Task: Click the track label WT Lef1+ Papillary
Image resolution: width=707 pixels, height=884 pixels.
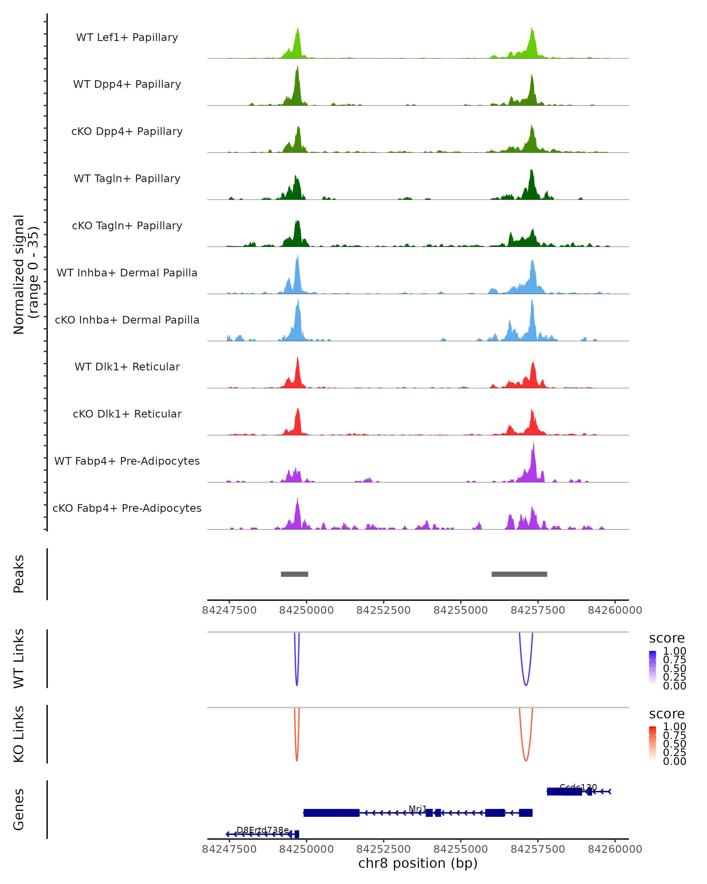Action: tap(127, 37)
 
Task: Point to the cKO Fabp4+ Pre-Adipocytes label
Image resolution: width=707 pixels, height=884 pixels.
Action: tap(127, 508)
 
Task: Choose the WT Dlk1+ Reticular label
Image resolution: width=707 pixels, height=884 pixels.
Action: tap(127, 367)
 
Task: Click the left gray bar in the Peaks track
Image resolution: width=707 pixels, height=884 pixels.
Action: tap(294, 574)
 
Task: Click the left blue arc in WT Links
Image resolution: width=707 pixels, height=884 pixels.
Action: tap(297, 681)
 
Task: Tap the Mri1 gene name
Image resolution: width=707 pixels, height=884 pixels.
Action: tap(418, 809)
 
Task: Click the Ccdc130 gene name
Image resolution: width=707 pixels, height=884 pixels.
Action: tap(578, 787)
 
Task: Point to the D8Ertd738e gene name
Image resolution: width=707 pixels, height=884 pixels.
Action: tap(263, 830)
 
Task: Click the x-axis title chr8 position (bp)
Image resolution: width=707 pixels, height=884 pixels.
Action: tap(418, 863)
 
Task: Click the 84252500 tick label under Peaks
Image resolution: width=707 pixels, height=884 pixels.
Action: tap(383, 610)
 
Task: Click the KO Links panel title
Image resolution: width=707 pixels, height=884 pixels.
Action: tap(19, 734)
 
